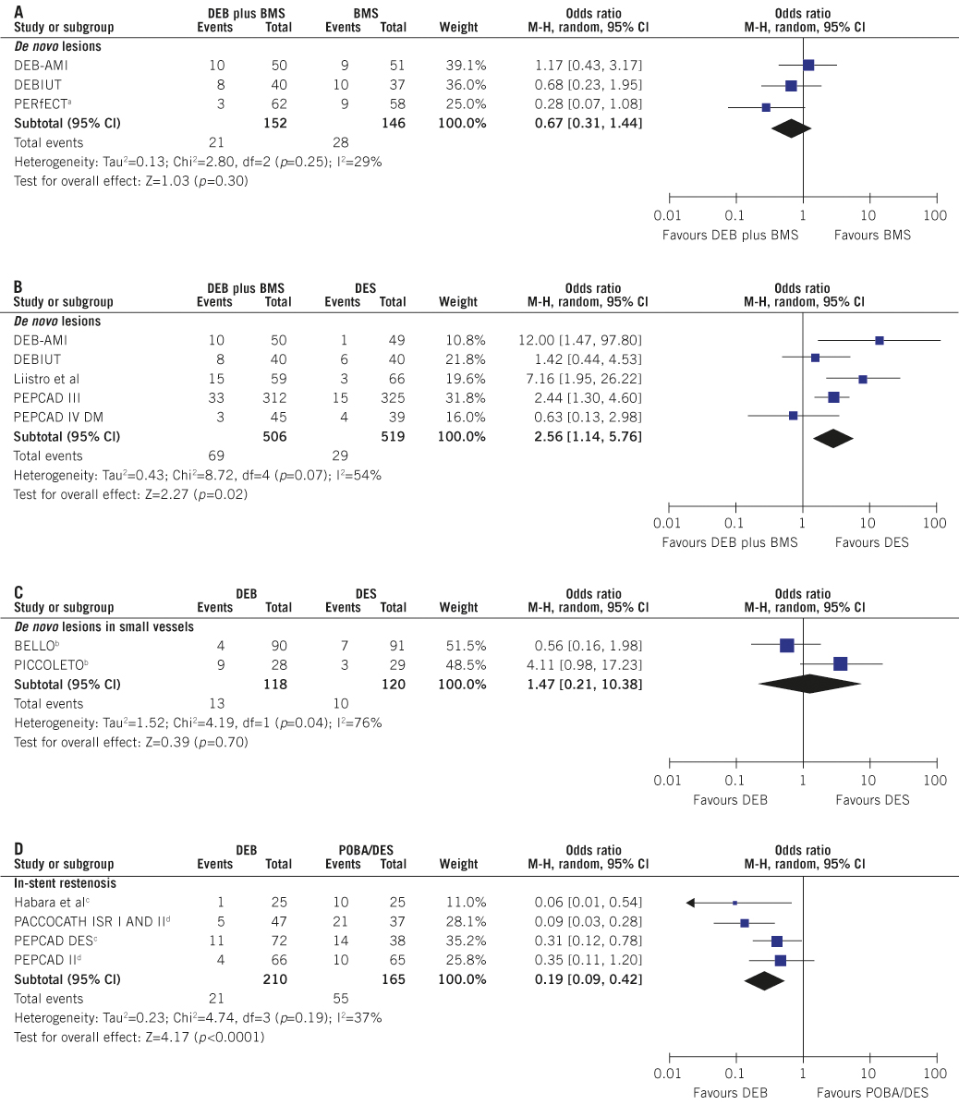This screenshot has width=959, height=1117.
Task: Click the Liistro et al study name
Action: click(x=46, y=379)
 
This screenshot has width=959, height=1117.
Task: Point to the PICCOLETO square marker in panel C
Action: click(x=840, y=663)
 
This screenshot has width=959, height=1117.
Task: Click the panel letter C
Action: click(x=18, y=593)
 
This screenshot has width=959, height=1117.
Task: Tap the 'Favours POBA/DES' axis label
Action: click(x=872, y=1093)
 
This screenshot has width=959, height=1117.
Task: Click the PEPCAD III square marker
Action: click(x=833, y=397)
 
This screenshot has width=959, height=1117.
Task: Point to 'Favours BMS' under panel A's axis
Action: click(x=872, y=236)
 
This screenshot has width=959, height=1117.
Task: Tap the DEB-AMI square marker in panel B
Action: click(x=879, y=340)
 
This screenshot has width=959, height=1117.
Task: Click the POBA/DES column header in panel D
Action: click(x=366, y=851)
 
